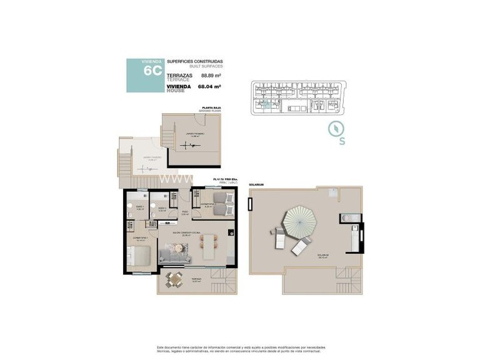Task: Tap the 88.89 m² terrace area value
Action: (211, 76)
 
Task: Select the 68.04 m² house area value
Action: (209, 87)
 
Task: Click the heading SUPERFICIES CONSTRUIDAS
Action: (195, 61)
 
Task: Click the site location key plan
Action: (294, 99)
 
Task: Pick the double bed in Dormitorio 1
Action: (139, 256)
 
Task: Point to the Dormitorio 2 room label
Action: (208, 204)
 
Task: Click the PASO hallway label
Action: (185, 212)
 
